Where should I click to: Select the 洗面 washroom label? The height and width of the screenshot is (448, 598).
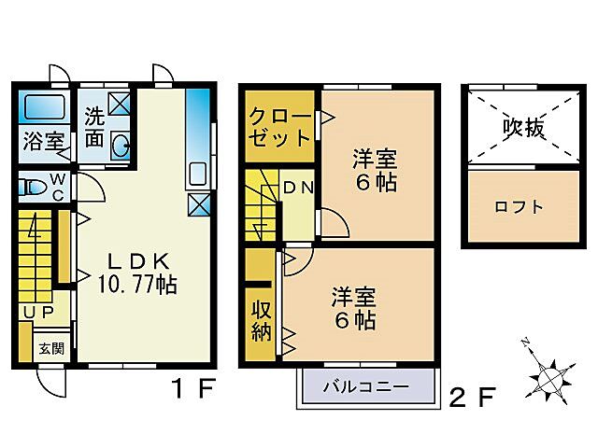[x=94, y=128]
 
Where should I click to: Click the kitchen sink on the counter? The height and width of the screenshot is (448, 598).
[x=197, y=175]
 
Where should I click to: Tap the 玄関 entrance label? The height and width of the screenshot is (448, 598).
[x=51, y=349]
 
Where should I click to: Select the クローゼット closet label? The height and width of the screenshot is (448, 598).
[x=279, y=129]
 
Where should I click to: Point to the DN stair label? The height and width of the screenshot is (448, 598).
[x=298, y=188]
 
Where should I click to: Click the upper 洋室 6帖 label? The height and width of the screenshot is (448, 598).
[x=375, y=170]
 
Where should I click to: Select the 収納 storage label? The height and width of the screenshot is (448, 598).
[x=260, y=323]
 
